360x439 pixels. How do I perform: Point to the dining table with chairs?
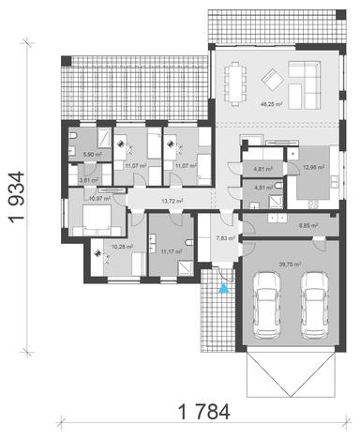(233, 73)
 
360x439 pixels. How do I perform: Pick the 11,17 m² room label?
(170, 251)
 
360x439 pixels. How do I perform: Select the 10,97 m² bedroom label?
(98, 198)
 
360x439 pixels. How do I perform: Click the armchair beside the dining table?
(269, 77)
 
